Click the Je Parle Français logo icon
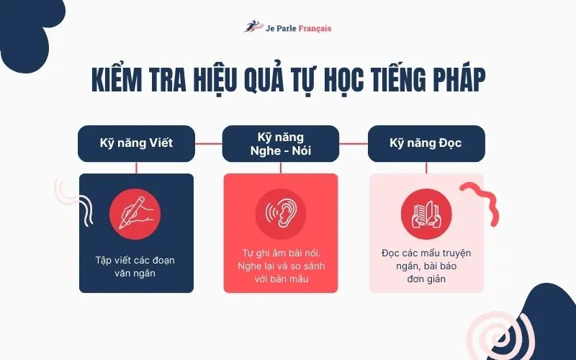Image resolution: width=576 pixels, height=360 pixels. tap(251, 28)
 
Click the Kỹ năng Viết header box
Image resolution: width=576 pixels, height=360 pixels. tap(136, 143)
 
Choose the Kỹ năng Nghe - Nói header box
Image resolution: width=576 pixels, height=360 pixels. tap(280, 143)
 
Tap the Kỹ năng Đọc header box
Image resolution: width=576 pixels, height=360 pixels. tap(426, 143)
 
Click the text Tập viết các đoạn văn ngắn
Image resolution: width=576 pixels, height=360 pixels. tap(136, 266)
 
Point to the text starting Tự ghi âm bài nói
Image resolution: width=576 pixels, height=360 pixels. tap(280, 266)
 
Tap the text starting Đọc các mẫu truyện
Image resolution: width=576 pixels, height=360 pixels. tap(426, 266)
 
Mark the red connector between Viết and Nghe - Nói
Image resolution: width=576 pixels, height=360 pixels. tap(208, 143)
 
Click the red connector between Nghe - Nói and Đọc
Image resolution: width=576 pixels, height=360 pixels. tap(353, 143)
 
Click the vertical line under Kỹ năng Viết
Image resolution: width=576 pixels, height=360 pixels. tap(136, 167)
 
